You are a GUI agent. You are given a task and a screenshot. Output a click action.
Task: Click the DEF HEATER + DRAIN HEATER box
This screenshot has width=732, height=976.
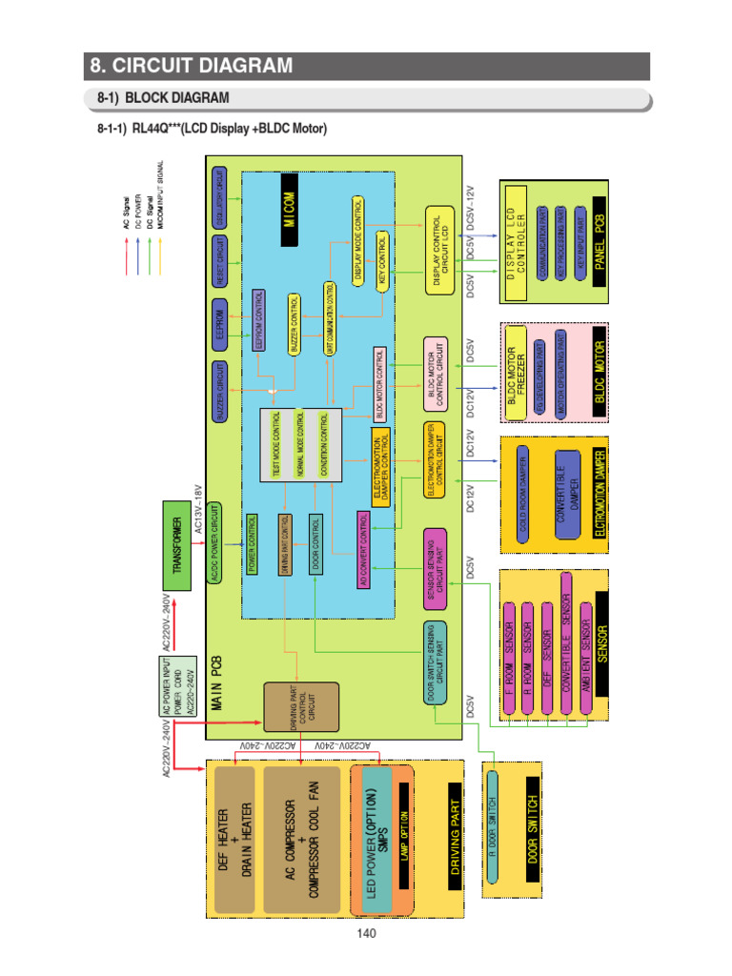tap(234, 839)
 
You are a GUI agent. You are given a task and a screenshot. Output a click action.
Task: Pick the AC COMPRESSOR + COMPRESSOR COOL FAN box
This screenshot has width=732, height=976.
tap(304, 839)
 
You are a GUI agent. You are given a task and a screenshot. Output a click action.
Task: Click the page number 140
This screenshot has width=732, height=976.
tap(366, 933)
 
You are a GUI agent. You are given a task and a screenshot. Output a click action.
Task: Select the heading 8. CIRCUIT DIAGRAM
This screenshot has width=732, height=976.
tap(191, 66)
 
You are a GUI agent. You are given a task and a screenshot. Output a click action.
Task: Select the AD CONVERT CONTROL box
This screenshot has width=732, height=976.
tap(362, 550)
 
